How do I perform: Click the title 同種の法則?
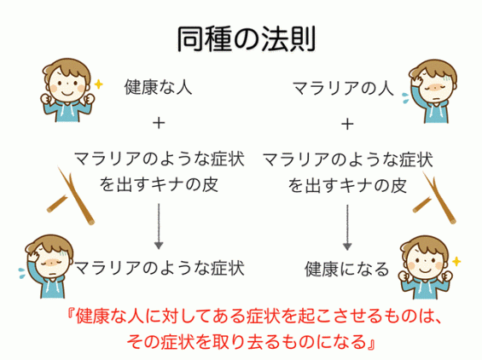point(247,39)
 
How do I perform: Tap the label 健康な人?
point(158,87)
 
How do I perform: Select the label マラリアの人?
point(343,88)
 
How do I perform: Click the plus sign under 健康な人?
point(159,124)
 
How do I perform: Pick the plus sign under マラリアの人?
point(347,125)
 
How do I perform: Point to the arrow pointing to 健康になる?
point(347,227)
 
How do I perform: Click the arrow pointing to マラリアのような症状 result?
point(159,226)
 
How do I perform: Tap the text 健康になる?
point(347,269)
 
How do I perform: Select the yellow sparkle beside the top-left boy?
point(98,84)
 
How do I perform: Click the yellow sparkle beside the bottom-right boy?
point(456,261)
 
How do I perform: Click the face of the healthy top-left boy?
point(67,85)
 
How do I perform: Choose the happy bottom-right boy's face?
point(425,262)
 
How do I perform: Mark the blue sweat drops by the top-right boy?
point(406,98)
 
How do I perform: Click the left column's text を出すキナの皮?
point(159,185)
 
